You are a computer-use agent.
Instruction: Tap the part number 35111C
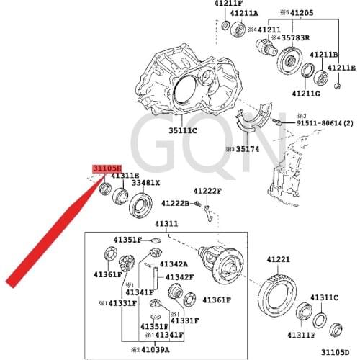[184, 131]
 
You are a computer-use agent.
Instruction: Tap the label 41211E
[342, 68]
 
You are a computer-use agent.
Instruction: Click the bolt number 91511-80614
[321, 124]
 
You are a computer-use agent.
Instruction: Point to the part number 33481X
[145, 183]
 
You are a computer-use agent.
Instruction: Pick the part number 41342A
[174, 264]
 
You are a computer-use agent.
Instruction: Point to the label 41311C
[325, 297]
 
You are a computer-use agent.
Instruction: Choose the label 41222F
[207, 191]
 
